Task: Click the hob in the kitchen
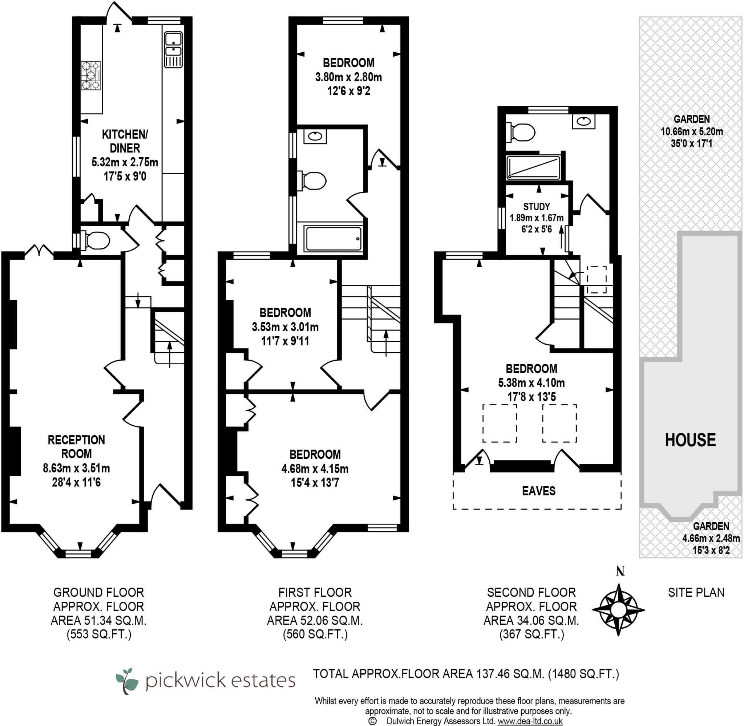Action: click(x=91, y=76)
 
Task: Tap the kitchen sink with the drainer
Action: click(x=174, y=49)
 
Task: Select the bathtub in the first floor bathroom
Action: click(x=333, y=239)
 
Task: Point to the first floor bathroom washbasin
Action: click(x=315, y=136)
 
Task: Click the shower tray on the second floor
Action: click(x=533, y=167)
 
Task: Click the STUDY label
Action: click(x=536, y=207)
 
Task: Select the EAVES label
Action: click(x=538, y=491)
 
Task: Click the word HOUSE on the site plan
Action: click(x=690, y=440)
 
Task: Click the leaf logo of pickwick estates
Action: click(x=126, y=681)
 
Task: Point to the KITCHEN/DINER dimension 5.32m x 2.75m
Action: click(x=125, y=162)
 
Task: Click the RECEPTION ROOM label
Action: click(x=76, y=446)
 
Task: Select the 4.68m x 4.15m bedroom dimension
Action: click(x=315, y=468)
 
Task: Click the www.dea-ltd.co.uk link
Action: click(x=530, y=721)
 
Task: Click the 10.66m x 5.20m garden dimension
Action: click(x=691, y=131)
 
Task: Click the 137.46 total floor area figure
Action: click(x=493, y=674)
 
